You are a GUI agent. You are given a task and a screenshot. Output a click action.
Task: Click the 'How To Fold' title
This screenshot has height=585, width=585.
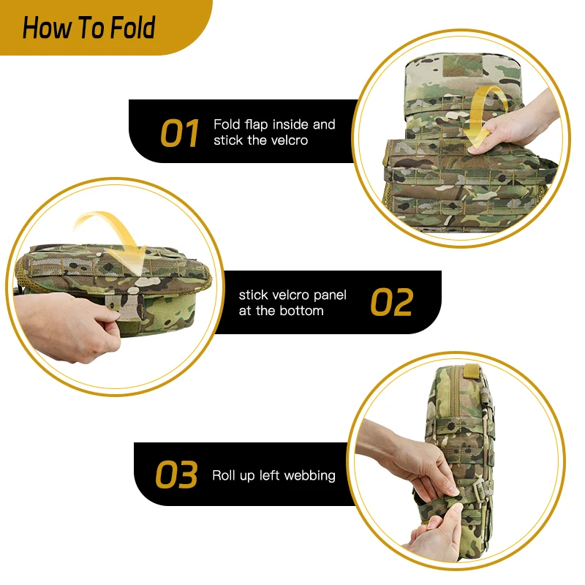(88, 28)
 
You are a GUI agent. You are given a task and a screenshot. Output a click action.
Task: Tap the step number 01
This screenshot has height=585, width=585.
(179, 133)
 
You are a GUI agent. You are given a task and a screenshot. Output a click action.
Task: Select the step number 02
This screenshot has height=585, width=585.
(392, 302)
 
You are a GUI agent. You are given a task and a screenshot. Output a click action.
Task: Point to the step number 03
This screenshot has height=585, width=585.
(176, 474)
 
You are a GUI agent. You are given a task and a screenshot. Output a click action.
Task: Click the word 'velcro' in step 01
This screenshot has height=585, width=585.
(289, 140)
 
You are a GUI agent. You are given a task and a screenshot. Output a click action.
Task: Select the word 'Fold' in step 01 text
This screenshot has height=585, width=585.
(227, 124)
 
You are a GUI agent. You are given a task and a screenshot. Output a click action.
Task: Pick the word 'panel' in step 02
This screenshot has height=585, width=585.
(330, 295)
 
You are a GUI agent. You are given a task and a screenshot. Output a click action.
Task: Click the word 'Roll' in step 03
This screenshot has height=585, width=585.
(223, 475)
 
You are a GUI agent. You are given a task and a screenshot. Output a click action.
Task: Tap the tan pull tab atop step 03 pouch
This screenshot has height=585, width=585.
(471, 371)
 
